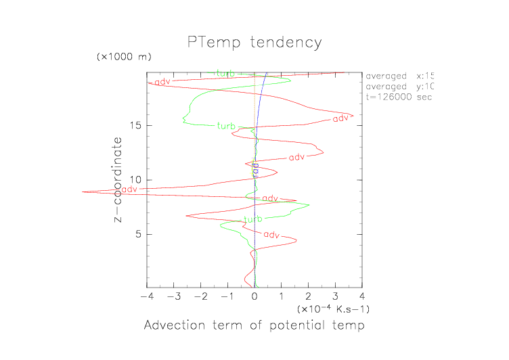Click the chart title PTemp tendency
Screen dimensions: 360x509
coord(255,43)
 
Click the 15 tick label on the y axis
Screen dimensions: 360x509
coord(135,125)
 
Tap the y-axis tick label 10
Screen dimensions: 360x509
coord(135,180)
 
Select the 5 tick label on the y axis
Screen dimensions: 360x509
coord(138,234)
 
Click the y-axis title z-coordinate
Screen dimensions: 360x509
coord(118,180)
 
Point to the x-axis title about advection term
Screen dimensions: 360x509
coord(255,325)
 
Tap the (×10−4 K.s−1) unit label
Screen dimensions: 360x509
coord(333,309)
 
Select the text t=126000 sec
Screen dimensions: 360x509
coord(399,97)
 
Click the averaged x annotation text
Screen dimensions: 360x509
coord(399,75)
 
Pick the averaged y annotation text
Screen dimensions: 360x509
coord(399,86)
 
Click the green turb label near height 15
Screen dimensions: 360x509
coord(226,127)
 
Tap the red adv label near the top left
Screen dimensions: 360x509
coord(162,82)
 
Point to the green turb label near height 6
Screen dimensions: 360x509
coord(252,219)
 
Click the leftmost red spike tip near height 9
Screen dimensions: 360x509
coord(83,192)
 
